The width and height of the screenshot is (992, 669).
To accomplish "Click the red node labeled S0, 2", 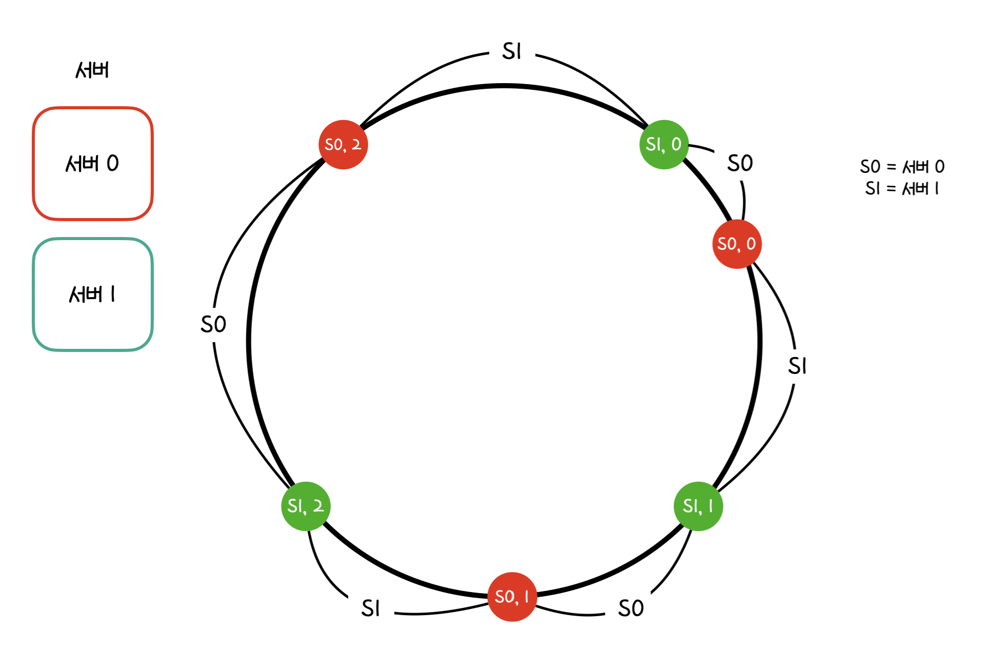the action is coord(343,145).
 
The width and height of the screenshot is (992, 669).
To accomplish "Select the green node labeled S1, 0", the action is coord(664,145).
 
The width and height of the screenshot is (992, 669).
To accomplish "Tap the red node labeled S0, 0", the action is coord(737,244).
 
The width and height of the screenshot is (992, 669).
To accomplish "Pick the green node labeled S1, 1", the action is coord(698,506).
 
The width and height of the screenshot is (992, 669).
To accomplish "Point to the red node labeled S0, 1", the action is coord(512,597).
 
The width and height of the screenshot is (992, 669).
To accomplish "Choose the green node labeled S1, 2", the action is coord(306,506).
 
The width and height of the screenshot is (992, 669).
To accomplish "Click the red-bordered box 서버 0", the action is coord(93,164).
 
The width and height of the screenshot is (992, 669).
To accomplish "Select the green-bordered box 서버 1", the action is coord(93,294).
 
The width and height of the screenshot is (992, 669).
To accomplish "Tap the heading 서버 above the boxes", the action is coord(92,70).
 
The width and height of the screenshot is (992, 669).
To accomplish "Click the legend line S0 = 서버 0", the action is coord(902,167).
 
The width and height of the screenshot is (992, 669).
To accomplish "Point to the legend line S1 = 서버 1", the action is coord(902,189).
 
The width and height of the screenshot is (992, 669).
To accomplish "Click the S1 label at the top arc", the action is coord(511,52).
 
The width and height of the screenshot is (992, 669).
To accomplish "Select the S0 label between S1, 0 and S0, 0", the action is coord(740,164).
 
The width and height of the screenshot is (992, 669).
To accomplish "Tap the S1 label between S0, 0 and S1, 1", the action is coord(797,366).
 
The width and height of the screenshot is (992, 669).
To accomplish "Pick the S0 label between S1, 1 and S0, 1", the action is coord(630,608).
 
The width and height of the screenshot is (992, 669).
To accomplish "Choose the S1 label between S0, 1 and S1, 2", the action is coord(370,608).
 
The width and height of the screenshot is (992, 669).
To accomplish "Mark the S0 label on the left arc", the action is coord(213,325).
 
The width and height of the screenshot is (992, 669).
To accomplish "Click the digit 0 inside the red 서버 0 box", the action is coord(113,164).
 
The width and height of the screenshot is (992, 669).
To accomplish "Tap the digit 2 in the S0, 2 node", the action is coord(356,145).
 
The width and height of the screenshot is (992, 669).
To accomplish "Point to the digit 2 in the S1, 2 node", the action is coord(319,506).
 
